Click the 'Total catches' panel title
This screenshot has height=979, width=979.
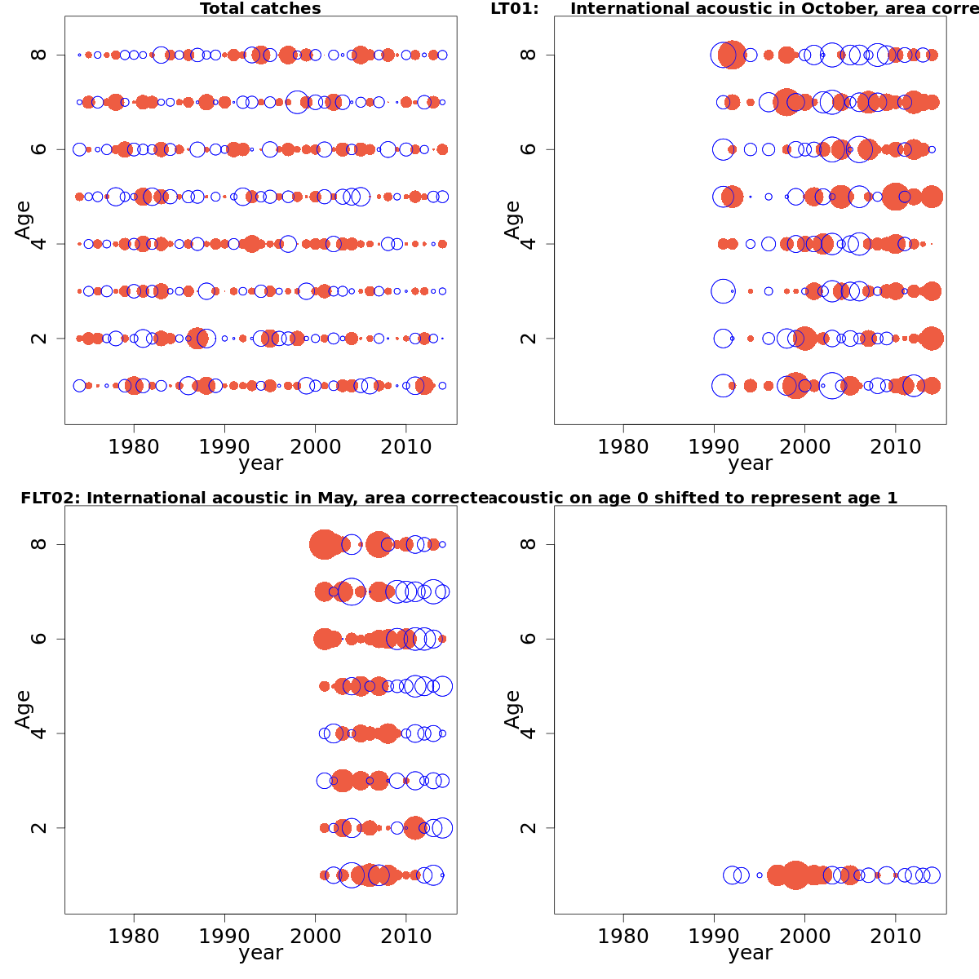click(260, 9)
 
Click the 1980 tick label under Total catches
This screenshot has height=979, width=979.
click(134, 446)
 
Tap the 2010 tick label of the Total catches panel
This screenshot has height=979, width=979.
click(405, 446)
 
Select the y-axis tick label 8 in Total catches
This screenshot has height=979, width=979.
click(38, 55)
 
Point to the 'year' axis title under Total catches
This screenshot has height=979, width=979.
click(260, 463)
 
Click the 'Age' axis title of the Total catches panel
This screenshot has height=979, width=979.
click(23, 219)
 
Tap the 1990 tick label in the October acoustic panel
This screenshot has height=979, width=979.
click(714, 446)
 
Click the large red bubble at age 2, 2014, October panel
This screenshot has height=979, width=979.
click(932, 339)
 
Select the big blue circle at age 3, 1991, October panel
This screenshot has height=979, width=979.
click(723, 291)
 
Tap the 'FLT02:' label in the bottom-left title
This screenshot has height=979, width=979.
click(51, 498)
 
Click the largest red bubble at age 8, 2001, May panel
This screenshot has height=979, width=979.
click(324, 544)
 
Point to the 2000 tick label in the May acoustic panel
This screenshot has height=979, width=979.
click(315, 936)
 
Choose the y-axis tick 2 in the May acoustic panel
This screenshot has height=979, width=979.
click(38, 828)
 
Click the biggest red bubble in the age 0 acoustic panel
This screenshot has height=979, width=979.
click(795, 875)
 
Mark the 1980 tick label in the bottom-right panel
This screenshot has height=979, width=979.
click(623, 936)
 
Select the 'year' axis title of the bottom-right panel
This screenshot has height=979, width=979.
click(750, 953)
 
